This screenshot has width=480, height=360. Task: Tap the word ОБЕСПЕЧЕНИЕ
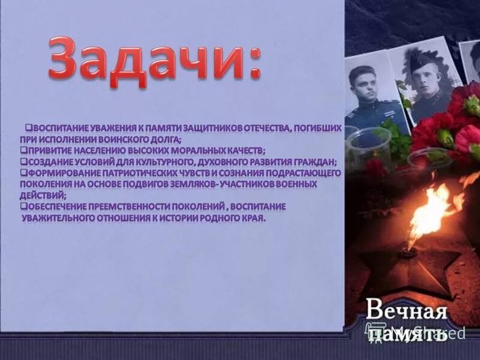[x=58, y=206]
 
